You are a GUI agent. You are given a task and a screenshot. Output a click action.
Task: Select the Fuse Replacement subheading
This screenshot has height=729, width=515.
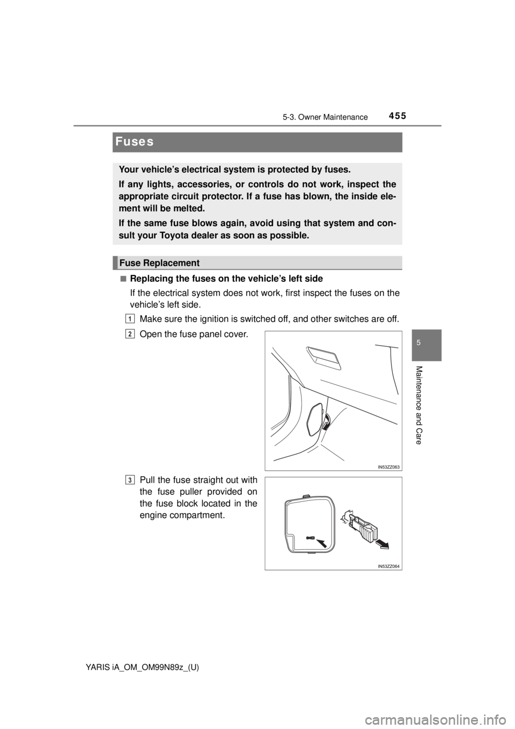[159, 263]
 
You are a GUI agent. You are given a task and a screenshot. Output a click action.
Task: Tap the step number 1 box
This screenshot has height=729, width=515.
[130, 318]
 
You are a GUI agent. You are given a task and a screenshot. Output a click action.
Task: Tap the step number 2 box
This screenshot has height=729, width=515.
[130, 334]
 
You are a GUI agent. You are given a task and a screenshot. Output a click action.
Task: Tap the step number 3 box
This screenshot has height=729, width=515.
[130, 480]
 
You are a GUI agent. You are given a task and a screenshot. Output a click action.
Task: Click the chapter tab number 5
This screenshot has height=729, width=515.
[428, 341]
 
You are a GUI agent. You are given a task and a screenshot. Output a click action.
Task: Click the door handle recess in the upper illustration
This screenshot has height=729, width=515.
[323, 358]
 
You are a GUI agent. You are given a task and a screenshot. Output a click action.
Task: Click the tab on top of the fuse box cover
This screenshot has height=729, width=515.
[306, 497]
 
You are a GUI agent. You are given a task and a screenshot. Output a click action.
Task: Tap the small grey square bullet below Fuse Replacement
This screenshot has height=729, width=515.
[123, 278]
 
